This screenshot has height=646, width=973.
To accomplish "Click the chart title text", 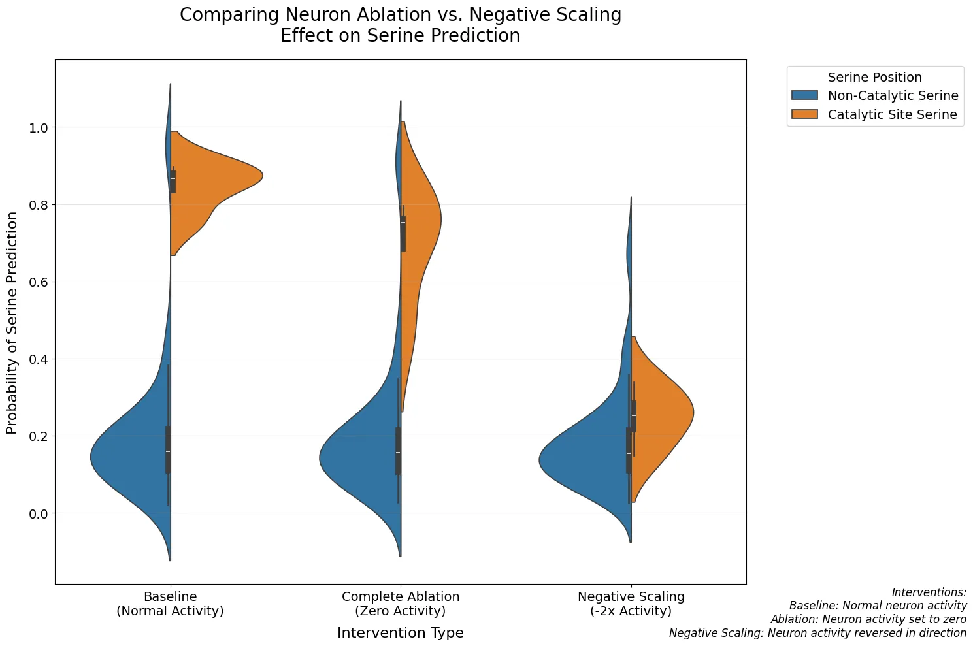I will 400,25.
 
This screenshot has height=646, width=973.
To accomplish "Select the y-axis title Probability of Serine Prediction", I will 12,323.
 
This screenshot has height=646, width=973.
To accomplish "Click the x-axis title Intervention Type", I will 400,633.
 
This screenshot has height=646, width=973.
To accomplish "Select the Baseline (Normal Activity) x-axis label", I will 170,604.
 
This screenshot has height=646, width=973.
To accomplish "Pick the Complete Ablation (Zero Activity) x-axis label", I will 400,604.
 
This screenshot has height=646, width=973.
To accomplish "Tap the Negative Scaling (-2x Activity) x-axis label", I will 631,604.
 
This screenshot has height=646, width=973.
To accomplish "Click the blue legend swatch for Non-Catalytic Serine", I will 804,96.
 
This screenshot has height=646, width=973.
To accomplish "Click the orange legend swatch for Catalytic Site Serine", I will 804,115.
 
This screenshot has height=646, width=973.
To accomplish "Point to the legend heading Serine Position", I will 874,77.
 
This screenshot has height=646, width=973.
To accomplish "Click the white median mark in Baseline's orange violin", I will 173,178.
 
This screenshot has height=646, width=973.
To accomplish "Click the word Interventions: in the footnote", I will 929,592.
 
